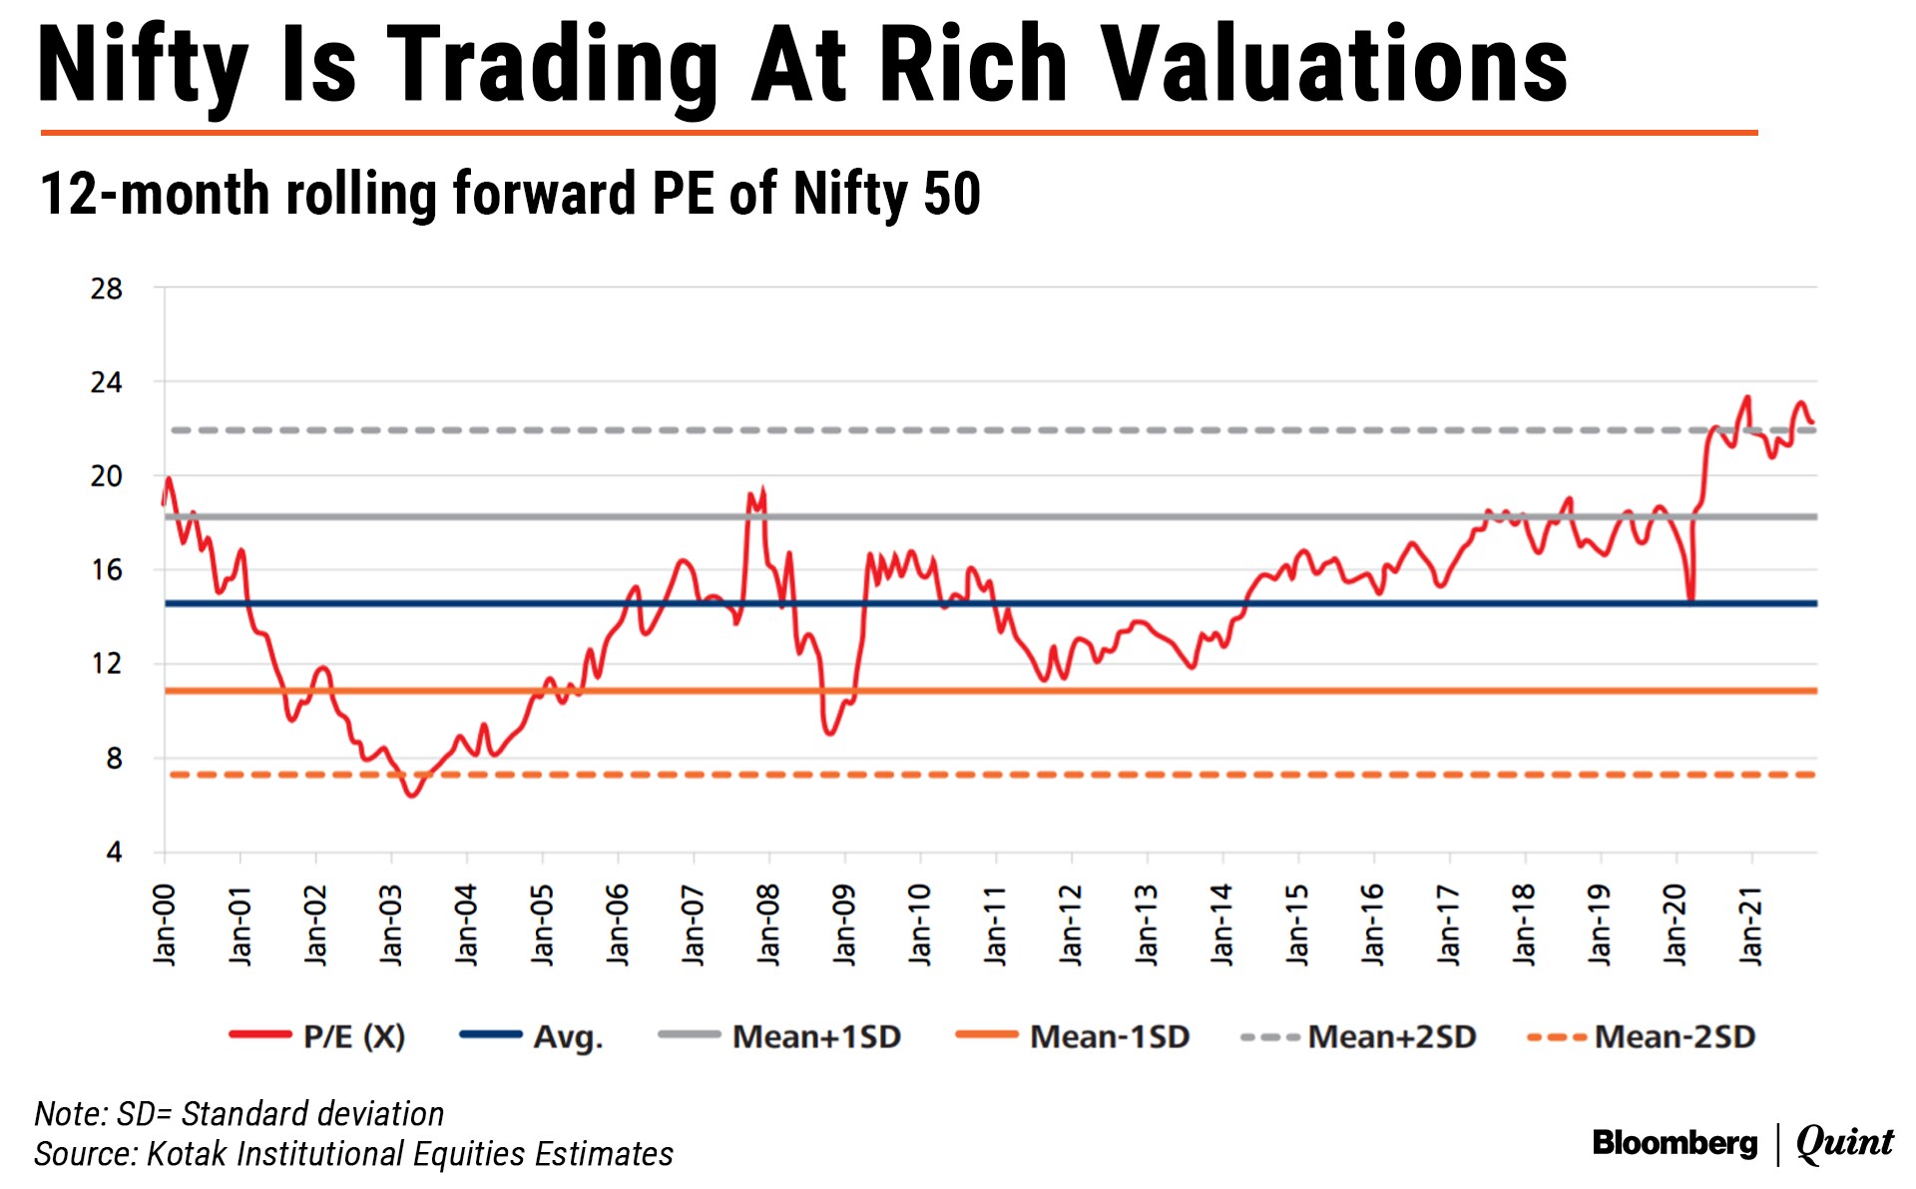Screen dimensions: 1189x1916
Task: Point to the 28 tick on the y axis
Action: (106, 290)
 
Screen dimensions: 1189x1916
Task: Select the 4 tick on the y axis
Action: (114, 852)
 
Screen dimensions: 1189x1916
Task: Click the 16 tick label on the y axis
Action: (106, 570)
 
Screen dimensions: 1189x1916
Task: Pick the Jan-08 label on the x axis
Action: (768, 923)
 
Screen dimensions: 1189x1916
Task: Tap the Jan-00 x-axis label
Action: (165, 923)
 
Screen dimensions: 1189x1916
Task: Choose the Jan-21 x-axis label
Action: (1751, 923)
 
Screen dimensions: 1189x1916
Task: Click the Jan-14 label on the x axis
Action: (1222, 923)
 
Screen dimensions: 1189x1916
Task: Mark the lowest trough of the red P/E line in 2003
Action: (411, 795)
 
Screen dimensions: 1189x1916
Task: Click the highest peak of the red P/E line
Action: (1747, 397)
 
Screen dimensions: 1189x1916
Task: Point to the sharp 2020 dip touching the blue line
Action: (1691, 599)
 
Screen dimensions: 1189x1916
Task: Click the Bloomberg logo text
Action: (1675, 1142)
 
